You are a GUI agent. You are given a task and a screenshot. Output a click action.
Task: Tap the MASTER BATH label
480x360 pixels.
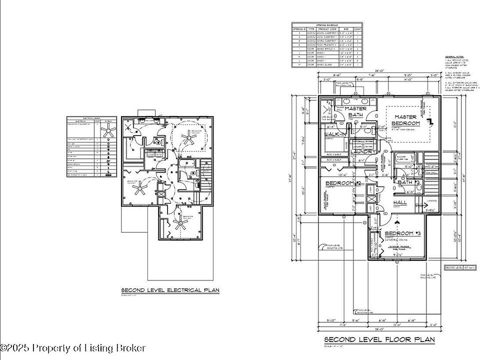coord(355,111)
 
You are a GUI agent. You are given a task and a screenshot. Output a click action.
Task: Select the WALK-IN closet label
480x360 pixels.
coord(336,134)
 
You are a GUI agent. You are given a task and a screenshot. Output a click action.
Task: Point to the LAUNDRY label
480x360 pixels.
coord(363,151)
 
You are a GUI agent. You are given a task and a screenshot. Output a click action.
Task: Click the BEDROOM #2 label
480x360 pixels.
coord(343,183)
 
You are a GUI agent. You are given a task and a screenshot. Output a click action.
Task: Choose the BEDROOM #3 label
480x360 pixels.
coord(403,233)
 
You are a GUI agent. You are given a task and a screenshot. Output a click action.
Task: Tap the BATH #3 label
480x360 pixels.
coord(408,182)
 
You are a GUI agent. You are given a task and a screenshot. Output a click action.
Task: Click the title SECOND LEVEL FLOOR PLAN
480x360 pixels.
coord(379,339)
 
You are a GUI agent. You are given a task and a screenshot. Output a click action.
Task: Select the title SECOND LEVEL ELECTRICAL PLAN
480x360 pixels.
coord(170,290)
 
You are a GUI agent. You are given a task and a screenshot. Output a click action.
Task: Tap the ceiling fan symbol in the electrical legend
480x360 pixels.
coord(108,131)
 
